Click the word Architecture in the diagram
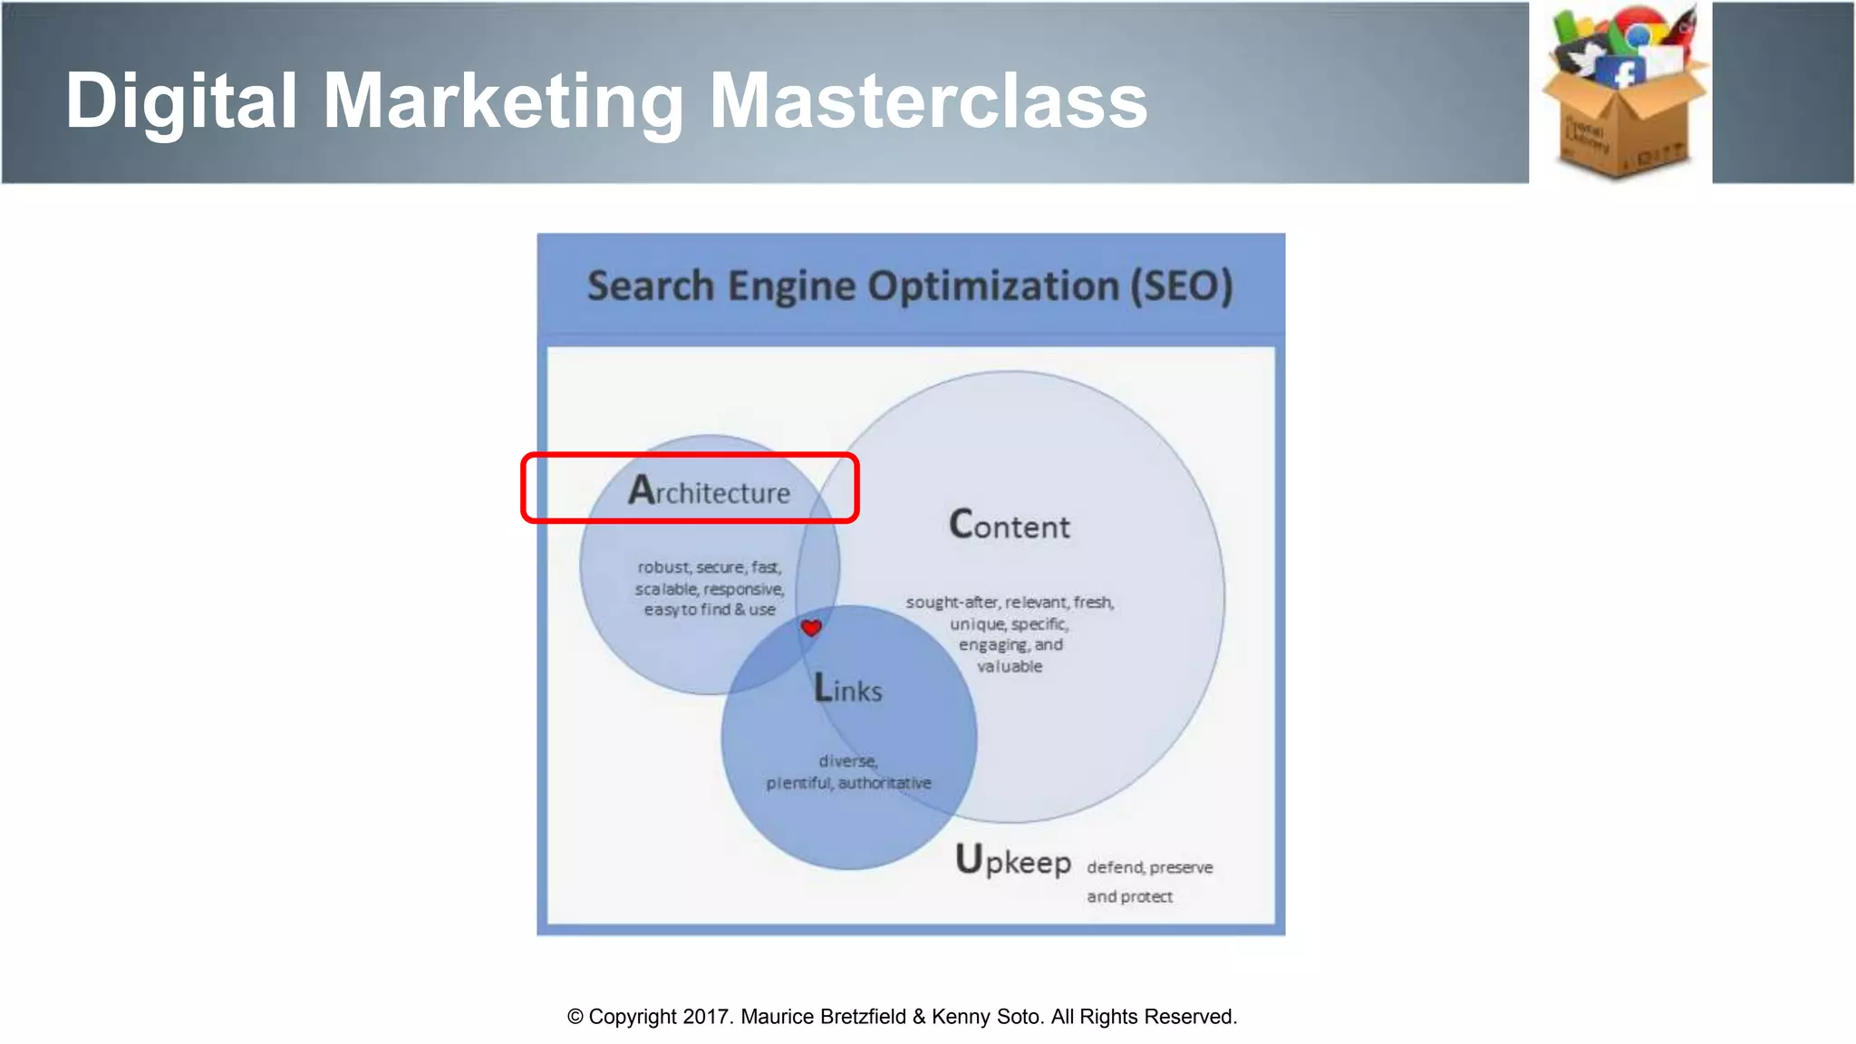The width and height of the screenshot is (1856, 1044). [710, 491]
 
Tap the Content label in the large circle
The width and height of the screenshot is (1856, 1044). [1010, 526]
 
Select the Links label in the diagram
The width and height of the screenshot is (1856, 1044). [848, 689]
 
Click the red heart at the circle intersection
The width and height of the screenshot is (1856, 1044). [811, 627]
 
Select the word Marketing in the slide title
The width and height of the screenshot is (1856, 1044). [503, 101]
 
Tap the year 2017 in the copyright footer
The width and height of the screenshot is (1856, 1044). [706, 1017]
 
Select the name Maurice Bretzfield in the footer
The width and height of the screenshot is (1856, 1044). [824, 1017]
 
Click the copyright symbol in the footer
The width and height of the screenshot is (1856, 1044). [575, 1017]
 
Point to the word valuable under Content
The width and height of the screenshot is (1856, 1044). [1010, 666]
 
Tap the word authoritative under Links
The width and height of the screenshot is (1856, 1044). [884, 782]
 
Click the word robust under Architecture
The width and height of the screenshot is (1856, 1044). [663, 567]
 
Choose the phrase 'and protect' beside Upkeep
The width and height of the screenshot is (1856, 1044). [1129, 896]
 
